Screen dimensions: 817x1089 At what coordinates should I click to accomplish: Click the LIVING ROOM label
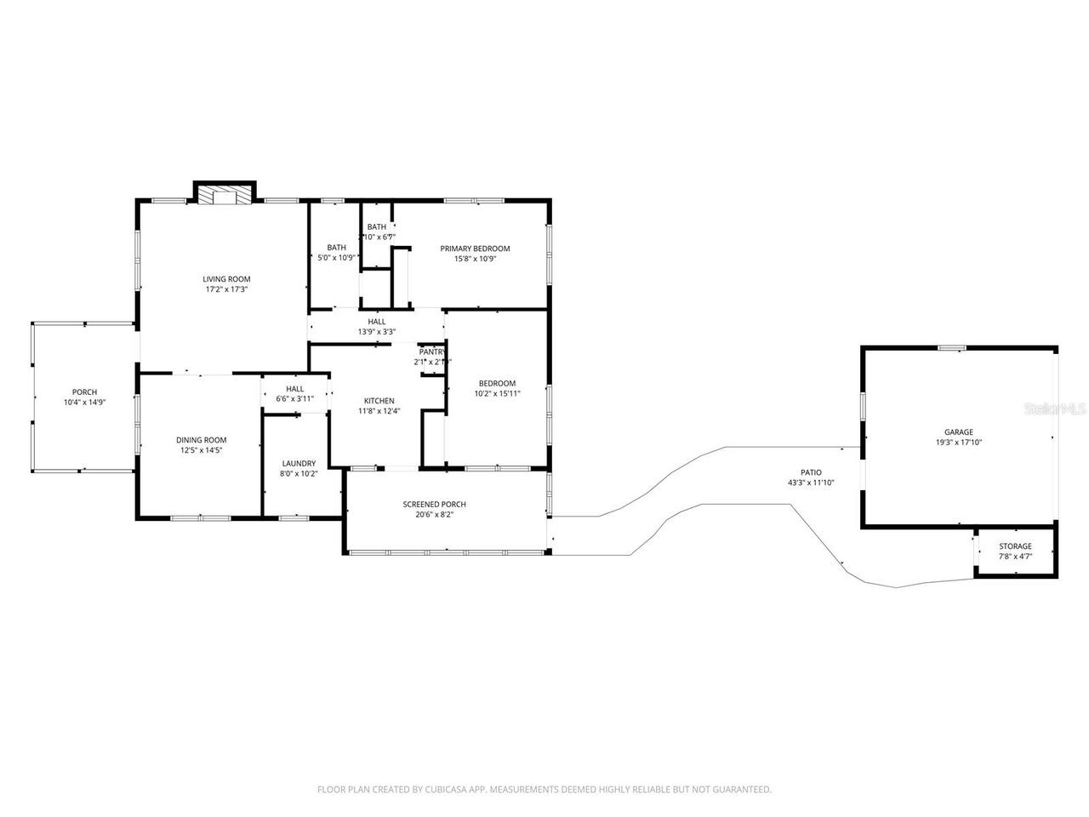[226, 279]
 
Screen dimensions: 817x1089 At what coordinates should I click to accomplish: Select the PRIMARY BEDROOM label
[475, 249]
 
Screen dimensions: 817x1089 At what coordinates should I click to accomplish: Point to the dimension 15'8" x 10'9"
[475, 259]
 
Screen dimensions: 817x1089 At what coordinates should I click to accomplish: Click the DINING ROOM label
[201, 440]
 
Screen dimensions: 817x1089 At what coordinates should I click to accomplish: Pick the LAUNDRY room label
[299, 464]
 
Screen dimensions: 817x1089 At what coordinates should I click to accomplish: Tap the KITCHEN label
[379, 401]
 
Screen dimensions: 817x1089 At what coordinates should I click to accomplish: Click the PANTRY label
[432, 351]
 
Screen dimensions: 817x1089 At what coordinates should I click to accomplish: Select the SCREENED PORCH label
[434, 505]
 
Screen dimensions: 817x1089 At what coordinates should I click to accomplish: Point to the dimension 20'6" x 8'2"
[434, 515]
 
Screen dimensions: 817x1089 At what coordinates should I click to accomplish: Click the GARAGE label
[958, 432]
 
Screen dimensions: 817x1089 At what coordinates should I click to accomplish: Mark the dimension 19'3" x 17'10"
[958, 443]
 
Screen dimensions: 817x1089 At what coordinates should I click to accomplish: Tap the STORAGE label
[1015, 546]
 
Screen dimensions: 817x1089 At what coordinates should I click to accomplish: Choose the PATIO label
[811, 472]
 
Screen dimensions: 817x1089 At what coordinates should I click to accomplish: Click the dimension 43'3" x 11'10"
[811, 483]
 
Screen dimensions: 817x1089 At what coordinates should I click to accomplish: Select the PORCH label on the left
[84, 392]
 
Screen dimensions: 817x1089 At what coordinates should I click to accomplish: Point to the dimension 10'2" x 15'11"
[497, 393]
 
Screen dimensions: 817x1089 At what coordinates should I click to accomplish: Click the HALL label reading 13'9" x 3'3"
[377, 322]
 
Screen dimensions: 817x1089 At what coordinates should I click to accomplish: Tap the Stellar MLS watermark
[1056, 408]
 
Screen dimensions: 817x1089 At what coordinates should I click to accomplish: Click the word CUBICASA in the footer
[444, 790]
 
